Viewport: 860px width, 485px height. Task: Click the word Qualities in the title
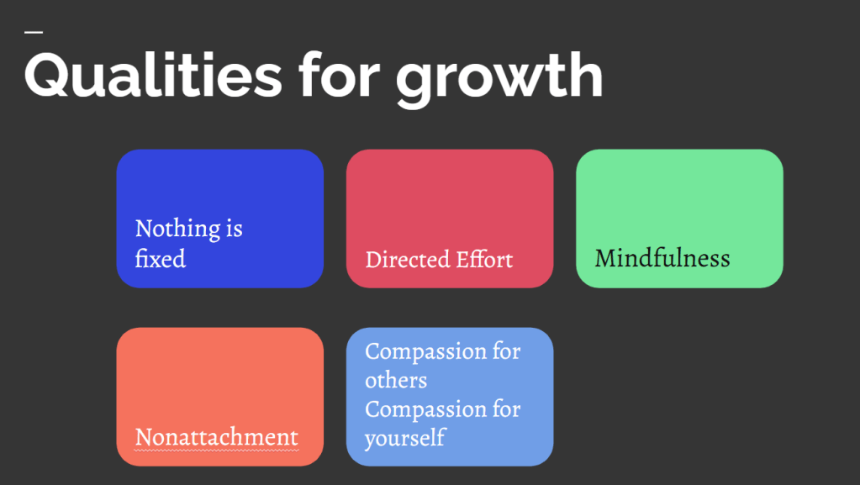[153, 75]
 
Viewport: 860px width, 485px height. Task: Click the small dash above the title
[34, 33]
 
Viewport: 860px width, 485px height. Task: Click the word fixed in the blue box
[161, 258]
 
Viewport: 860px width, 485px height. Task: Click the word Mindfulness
[662, 258]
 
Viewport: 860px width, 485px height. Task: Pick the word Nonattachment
[217, 437]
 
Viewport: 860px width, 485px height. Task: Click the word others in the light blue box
[396, 380]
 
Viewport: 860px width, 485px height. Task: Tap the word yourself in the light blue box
[404, 439]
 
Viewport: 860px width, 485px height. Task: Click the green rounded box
[679, 219]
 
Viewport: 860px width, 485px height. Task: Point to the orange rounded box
[220, 397]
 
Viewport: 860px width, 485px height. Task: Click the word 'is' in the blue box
[235, 229]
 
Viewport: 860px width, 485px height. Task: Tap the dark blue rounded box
[220, 219]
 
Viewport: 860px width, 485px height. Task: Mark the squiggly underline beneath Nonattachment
[217, 451]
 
